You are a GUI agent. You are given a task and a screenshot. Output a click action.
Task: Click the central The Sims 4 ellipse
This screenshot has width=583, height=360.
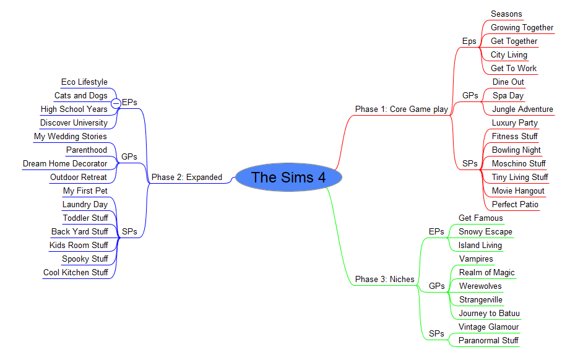pyautogui.click(x=288, y=178)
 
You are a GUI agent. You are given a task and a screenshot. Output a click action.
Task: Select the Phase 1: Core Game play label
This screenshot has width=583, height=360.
pyautogui.click(x=401, y=109)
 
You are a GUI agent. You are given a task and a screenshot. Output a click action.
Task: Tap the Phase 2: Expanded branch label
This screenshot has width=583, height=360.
pyautogui.click(x=187, y=178)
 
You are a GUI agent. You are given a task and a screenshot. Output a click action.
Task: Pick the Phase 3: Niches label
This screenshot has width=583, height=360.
pyautogui.click(x=384, y=280)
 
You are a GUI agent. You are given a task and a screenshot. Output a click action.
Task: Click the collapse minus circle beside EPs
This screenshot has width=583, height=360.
pyautogui.click(x=116, y=103)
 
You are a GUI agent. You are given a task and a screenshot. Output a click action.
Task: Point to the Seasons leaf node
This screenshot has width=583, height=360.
pyautogui.click(x=506, y=14)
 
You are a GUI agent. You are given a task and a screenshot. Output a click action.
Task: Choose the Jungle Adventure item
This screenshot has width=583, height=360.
pyautogui.click(x=522, y=109)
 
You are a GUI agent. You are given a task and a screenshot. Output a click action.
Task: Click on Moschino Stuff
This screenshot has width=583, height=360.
pyautogui.click(x=519, y=164)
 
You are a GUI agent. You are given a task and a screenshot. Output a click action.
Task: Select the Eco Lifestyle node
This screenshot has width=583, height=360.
pyautogui.click(x=84, y=82)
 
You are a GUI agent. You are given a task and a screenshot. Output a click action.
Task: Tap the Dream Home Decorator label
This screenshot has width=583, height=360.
pyautogui.click(x=65, y=164)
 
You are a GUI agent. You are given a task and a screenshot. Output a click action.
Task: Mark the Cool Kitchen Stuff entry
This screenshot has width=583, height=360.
pyautogui.click(x=76, y=273)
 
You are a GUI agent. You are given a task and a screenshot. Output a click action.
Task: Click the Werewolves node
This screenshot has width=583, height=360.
pyautogui.click(x=480, y=286)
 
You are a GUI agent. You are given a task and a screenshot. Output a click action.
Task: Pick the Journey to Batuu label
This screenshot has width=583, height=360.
pyautogui.click(x=489, y=314)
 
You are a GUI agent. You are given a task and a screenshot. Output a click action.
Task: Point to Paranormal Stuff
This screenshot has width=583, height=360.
pyautogui.click(x=488, y=341)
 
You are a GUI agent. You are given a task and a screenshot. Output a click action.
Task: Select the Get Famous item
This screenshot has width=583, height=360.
pyautogui.click(x=480, y=218)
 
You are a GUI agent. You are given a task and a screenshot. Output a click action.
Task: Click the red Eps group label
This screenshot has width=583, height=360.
pyautogui.click(x=469, y=41)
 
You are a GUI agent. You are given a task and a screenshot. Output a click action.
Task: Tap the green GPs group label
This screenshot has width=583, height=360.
pyautogui.click(x=437, y=286)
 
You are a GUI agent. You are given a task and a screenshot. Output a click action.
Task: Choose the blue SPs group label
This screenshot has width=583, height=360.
pyautogui.click(x=129, y=232)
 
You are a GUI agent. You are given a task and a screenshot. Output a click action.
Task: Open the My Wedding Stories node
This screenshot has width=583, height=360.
pyautogui.click(x=70, y=137)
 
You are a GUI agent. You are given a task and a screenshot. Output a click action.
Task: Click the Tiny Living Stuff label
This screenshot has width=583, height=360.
pyautogui.click(x=520, y=178)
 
